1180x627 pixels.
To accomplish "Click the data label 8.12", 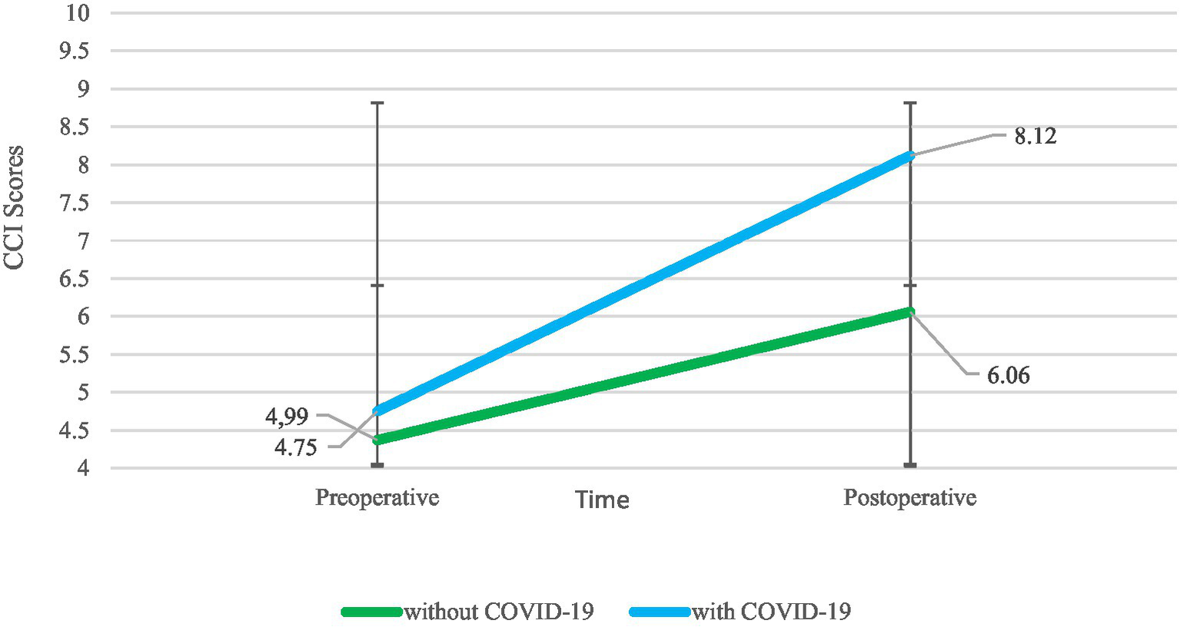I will coord(1035,136).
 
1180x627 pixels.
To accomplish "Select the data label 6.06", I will coord(1008,376).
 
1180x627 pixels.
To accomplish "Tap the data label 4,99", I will coord(287,416).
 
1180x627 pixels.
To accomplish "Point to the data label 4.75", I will coord(296,447).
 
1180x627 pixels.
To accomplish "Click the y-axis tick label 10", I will coord(77,13).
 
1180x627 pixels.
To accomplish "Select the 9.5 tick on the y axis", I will coord(74,51).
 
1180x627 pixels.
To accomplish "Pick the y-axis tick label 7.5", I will coord(74,203).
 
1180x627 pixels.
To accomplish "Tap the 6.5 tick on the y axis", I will coord(74,279).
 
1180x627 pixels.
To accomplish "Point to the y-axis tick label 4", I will coord(82,468).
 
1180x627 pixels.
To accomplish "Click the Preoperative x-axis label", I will coord(377,497).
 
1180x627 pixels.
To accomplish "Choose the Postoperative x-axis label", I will coord(909,497).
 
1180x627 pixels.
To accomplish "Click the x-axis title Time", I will coord(602,500).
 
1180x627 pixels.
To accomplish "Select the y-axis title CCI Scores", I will coord(14,207).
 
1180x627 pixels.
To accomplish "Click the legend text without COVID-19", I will coord(499,612).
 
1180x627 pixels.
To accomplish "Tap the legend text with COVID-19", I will coord(771,612).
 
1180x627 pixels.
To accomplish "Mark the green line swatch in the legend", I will coord(372,612).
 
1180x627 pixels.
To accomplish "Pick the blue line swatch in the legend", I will coord(660,612).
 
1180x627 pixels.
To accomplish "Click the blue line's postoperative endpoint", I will coord(910,156).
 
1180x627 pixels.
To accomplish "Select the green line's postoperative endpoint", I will coord(910,311).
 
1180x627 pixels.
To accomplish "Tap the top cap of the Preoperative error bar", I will coord(377,103).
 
